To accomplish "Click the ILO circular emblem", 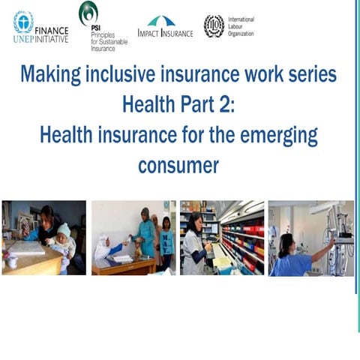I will click(214, 25).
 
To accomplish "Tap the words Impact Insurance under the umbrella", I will click(165, 34).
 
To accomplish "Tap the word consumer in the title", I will click(178, 165).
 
